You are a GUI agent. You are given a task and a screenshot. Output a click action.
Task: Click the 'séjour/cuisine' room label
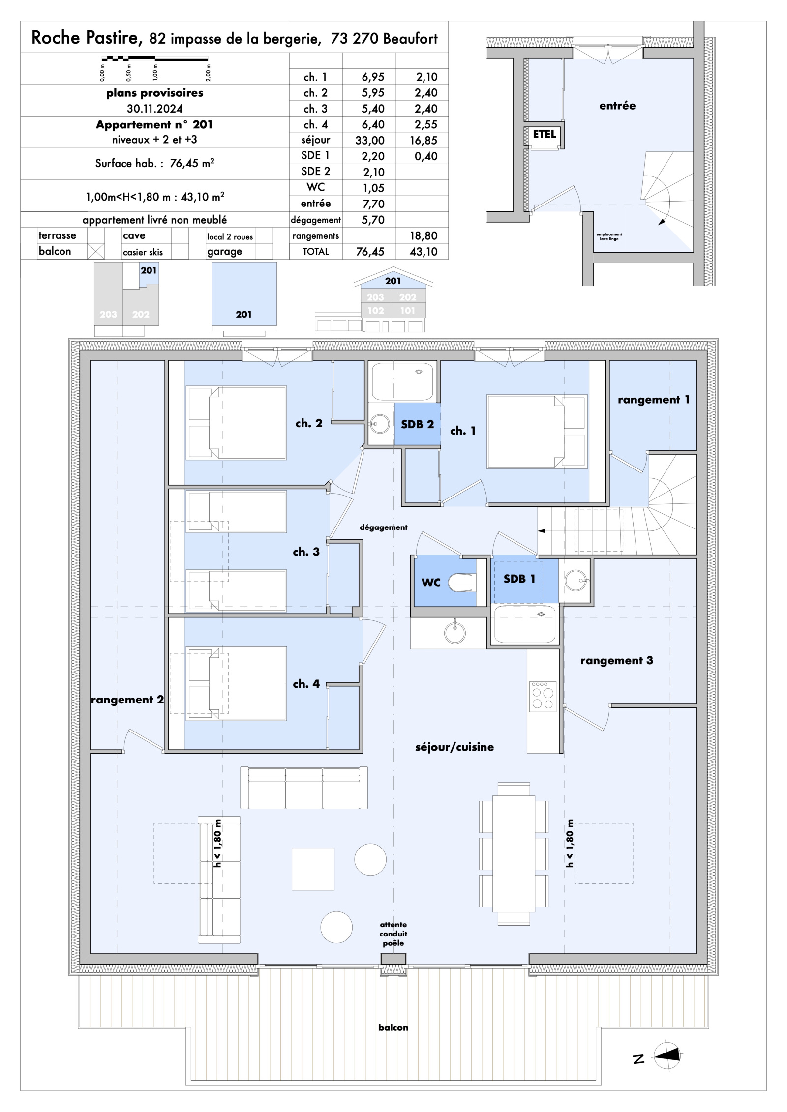[454, 747]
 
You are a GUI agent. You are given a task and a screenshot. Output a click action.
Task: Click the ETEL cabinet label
[545, 134]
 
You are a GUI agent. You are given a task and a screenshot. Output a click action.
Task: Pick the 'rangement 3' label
[616, 661]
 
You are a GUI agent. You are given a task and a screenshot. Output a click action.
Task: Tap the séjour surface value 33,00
[369, 141]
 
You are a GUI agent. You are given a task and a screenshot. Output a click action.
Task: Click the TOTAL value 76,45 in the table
[369, 252]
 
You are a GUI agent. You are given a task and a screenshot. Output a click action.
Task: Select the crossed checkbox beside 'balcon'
[95, 251]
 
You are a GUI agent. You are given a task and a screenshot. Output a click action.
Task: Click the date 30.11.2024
[154, 109]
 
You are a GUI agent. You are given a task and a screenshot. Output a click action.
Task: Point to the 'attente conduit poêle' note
[393, 934]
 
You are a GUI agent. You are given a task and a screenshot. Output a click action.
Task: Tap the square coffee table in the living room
[313, 869]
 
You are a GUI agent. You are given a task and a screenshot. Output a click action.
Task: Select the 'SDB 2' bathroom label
[417, 424]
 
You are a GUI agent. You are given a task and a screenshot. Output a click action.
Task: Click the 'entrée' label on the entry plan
[617, 106]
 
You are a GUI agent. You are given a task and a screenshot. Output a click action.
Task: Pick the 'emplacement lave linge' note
[609, 236]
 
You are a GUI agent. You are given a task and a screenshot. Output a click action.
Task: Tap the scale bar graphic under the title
[154, 59]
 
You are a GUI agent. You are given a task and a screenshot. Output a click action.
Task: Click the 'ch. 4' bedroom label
[306, 684]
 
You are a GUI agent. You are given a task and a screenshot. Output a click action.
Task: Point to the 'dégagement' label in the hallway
[384, 527]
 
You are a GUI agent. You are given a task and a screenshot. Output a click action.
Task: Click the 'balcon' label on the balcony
[393, 1027]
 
